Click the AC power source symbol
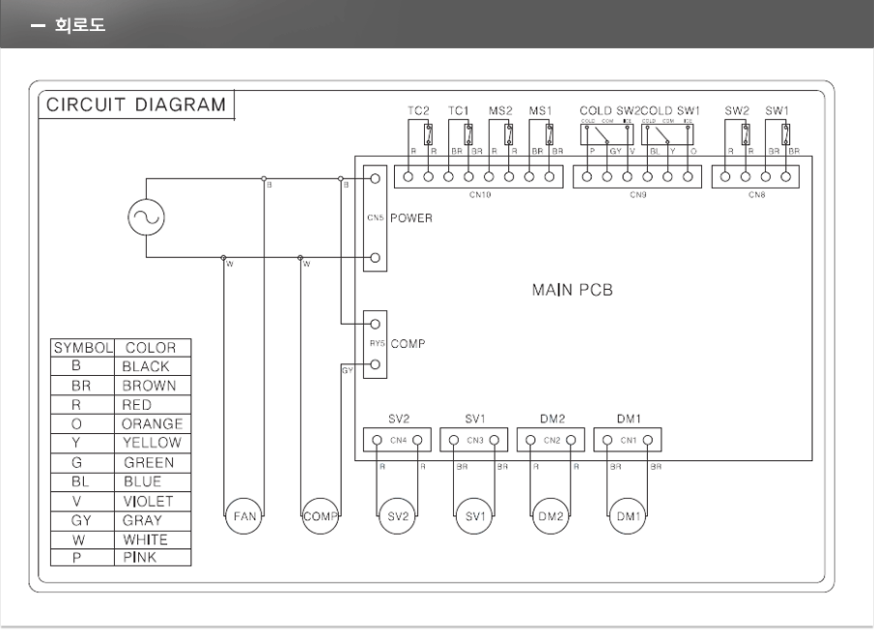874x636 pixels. [146, 217]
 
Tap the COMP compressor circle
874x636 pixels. [320, 516]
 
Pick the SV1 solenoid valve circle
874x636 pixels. [474, 516]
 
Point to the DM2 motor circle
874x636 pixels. [551, 516]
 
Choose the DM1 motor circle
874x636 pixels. [629, 516]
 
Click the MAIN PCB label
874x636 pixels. [572, 289]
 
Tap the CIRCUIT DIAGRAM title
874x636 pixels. [136, 104]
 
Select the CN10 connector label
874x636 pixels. [479, 195]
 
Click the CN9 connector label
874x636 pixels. [637, 195]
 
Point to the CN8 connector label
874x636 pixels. [756, 195]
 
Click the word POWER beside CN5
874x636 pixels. [411, 218]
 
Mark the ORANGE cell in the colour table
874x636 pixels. [152, 423]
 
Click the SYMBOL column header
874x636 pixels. [83, 348]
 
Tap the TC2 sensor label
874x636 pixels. [418, 111]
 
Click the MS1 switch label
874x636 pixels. [540, 111]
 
